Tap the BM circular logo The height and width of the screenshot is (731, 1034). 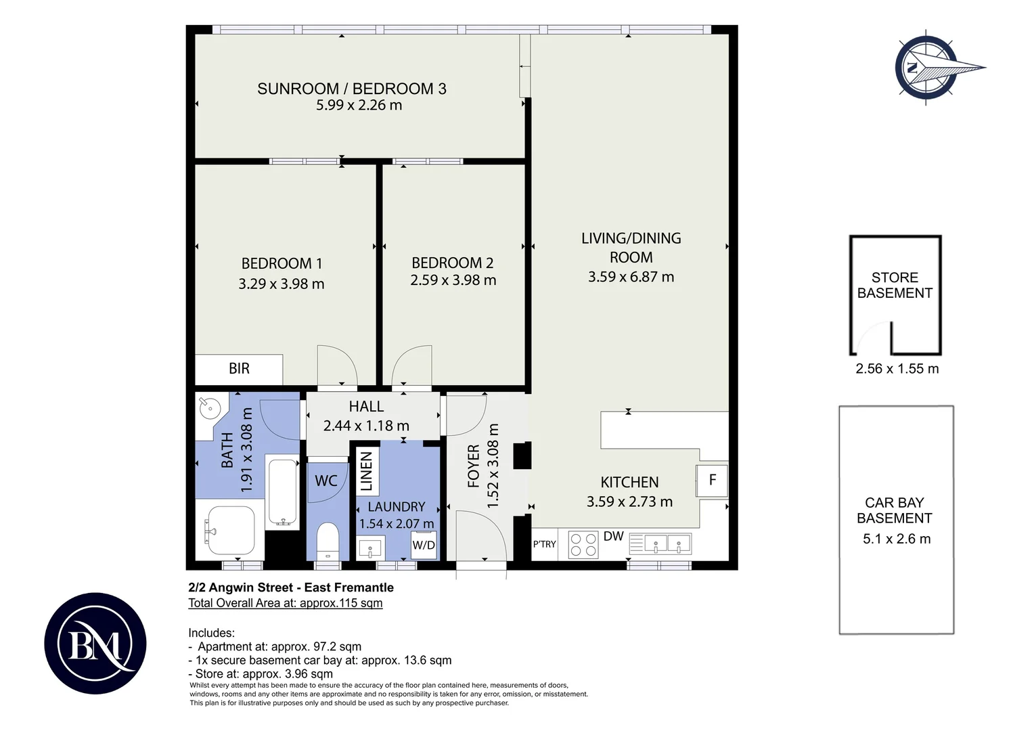[95, 643]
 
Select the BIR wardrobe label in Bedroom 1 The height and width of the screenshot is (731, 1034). [239, 368]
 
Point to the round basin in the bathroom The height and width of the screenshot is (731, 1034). [208, 407]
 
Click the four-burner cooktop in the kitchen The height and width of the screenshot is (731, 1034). [583, 545]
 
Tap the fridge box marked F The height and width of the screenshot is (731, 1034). [712, 481]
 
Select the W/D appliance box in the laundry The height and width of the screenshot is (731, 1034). [424, 546]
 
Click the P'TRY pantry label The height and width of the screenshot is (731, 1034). [545, 544]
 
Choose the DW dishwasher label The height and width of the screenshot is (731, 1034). [614, 536]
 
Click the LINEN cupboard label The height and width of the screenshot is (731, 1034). [367, 472]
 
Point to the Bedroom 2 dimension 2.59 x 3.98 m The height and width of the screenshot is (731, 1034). [453, 280]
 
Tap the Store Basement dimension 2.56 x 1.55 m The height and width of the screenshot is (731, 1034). [897, 368]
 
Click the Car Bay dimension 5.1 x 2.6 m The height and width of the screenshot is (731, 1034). [897, 539]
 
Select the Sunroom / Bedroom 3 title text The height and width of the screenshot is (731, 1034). [352, 89]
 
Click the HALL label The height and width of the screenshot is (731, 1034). [366, 406]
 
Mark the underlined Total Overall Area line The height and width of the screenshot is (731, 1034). [286, 603]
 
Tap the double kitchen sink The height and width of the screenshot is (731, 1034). [668, 544]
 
